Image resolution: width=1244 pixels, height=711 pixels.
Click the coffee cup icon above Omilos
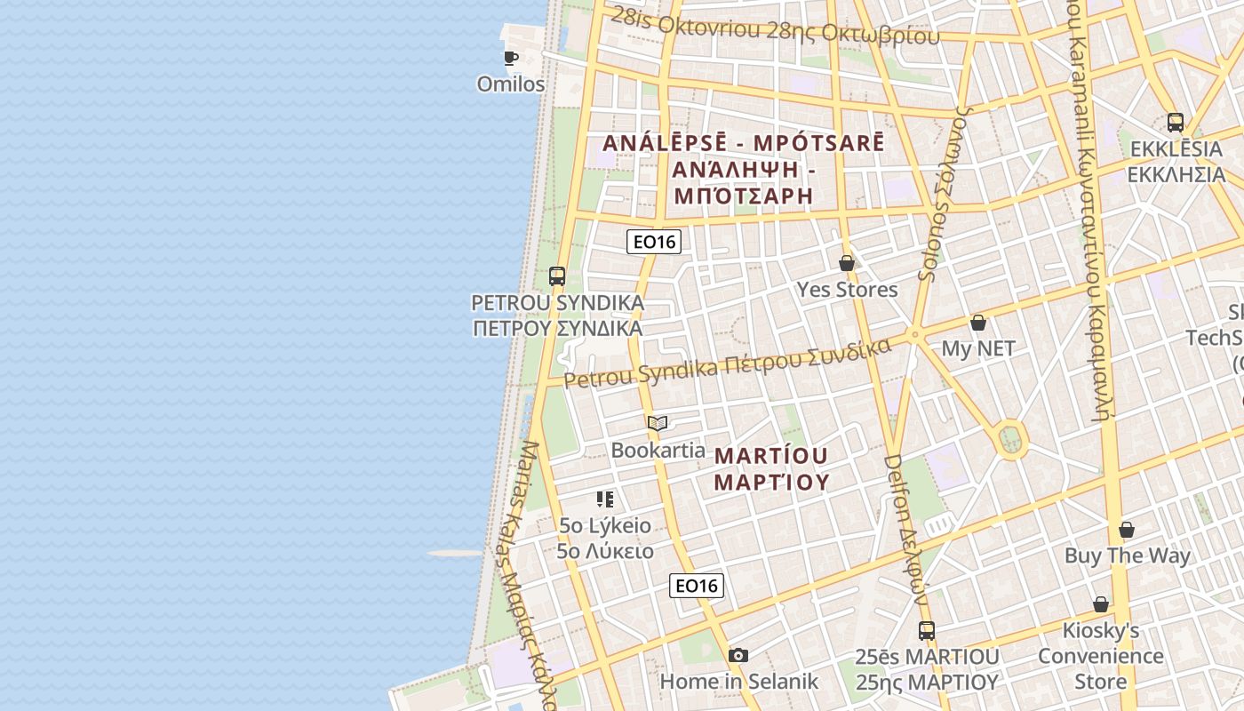tap(510, 58)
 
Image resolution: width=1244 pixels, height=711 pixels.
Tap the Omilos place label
tap(511, 84)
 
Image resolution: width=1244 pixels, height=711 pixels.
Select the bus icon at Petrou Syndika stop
tap(557, 276)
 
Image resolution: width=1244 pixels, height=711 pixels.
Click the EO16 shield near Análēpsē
tap(653, 242)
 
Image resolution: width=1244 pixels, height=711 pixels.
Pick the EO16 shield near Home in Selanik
tap(696, 585)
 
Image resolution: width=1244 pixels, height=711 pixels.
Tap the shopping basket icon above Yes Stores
tap(847, 263)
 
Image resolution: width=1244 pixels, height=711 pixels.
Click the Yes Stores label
tap(847, 290)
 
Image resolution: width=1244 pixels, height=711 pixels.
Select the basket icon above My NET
tap(978, 322)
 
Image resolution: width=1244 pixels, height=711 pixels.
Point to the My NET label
tap(978, 348)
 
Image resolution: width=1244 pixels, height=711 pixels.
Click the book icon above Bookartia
tap(658, 423)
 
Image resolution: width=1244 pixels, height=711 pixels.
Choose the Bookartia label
tap(658, 450)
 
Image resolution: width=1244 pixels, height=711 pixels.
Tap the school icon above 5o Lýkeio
tap(605, 499)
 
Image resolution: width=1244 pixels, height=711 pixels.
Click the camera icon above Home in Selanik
tap(738, 655)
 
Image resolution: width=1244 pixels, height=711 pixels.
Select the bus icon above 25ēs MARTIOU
tap(927, 630)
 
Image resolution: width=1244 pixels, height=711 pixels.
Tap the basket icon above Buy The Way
tap(1127, 530)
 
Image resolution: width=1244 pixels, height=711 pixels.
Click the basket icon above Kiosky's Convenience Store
tap(1101, 604)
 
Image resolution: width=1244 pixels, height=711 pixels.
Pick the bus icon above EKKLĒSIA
tap(1176, 122)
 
